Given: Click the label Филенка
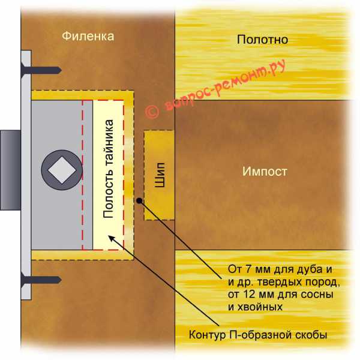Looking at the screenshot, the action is point(88,36).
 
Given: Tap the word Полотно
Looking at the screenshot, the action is point(262,40).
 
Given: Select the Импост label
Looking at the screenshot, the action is point(265,171).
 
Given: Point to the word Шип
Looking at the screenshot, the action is point(160,175).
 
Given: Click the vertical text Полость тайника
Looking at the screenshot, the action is point(108,169).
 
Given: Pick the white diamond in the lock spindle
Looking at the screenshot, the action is point(62,170).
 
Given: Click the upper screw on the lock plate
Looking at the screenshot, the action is point(41,70).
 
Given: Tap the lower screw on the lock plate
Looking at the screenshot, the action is point(41,280).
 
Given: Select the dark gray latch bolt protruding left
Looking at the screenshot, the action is point(11,170).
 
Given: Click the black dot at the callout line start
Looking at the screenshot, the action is point(139,200).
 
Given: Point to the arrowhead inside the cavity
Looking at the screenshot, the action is point(112,238).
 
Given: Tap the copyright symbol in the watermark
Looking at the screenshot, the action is point(152,112).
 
